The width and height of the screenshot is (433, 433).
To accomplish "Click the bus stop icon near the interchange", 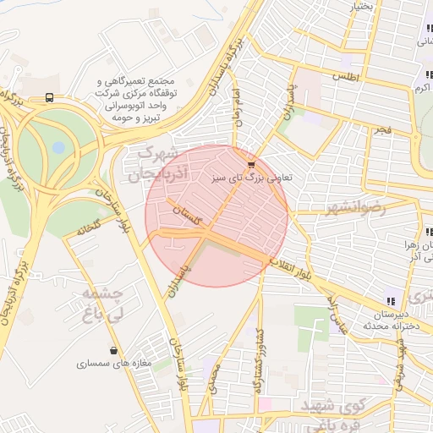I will click(x=50, y=98).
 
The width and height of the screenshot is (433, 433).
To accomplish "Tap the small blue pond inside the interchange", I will click(x=58, y=147).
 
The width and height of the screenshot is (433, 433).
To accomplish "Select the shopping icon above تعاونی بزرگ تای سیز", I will click(x=250, y=163).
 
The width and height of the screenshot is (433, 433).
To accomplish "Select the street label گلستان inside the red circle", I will click(x=192, y=215).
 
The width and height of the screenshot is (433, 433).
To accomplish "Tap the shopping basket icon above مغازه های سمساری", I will click(x=114, y=350).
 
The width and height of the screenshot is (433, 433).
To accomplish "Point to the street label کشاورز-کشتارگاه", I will click(x=258, y=359).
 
